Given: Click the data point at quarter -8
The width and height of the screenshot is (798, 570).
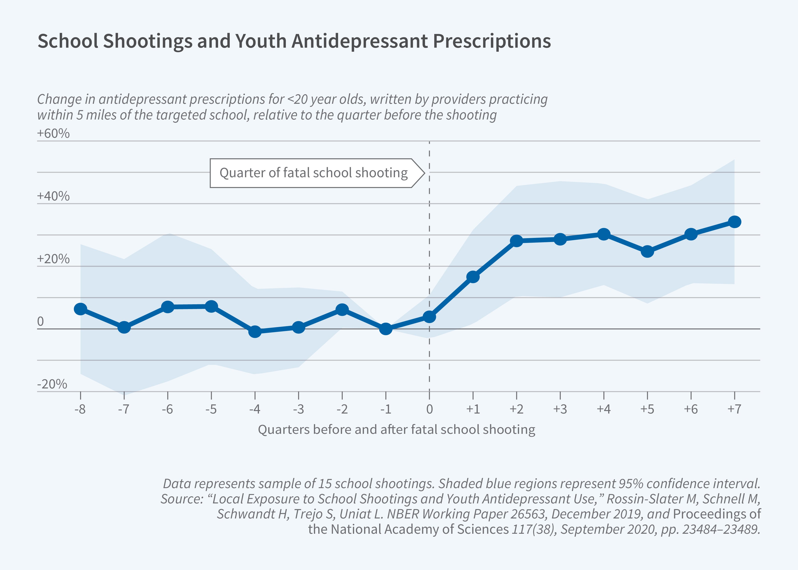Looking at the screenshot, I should click(80, 309).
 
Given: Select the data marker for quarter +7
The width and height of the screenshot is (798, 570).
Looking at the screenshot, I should click(734, 222).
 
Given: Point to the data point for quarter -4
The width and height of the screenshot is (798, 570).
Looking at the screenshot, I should click(255, 332).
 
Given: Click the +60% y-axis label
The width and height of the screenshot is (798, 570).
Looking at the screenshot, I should click(53, 134).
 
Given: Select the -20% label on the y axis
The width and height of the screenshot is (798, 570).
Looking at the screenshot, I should click(52, 384).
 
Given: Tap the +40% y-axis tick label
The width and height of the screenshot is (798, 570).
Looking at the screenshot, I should click(53, 196).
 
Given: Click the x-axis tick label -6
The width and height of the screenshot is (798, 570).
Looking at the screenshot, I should click(167, 409).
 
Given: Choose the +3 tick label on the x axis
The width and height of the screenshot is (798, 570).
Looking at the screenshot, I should click(560, 409).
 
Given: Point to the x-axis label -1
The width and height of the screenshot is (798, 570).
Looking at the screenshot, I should click(386, 409).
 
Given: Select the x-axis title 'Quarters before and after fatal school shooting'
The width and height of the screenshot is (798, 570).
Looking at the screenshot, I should click(396, 429).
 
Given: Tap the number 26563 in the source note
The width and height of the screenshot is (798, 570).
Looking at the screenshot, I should click(529, 514).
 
